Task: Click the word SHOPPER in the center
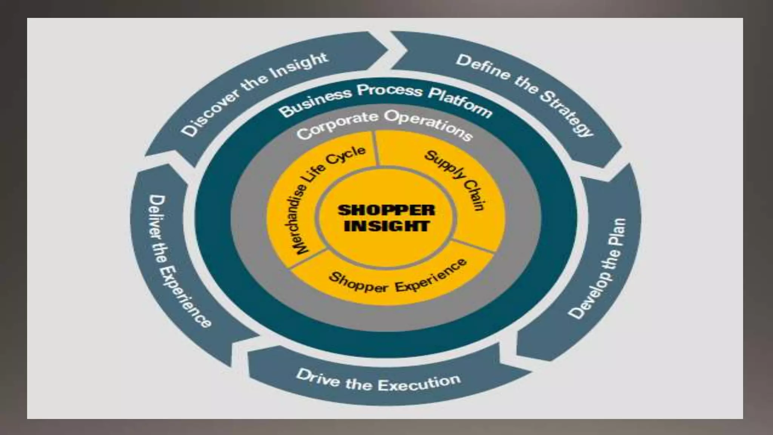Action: [x=386, y=210]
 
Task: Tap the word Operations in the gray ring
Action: [x=430, y=125]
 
